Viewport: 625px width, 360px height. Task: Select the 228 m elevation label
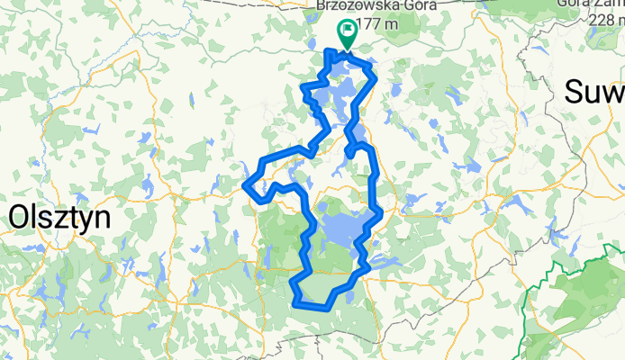coord(603,21)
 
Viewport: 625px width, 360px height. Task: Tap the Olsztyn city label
coord(59,217)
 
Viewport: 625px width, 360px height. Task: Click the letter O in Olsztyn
coord(19,217)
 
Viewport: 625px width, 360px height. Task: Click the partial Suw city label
coord(594,92)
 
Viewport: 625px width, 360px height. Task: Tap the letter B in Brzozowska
coord(322,4)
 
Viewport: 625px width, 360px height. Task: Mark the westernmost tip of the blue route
coord(244,186)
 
